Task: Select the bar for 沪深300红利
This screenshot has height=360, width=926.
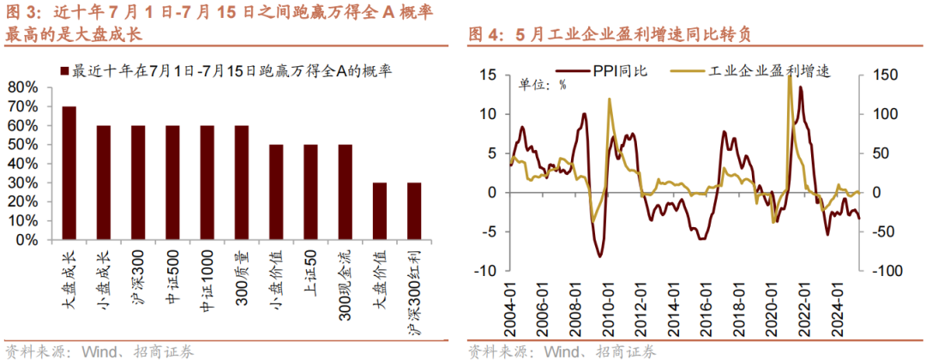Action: pos(414,212)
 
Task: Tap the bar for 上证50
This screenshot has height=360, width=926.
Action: pos(310,192)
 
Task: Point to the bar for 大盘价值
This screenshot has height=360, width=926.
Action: pos(380,212)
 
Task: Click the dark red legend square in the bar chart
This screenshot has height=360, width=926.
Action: pos(65,70)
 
